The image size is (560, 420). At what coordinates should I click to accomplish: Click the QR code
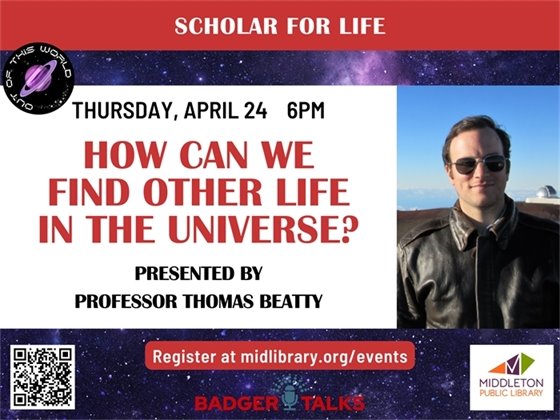[43, 376]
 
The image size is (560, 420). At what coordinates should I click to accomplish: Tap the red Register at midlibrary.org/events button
[283, 356]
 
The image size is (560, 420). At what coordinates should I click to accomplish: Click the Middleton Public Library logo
[513, 375]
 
